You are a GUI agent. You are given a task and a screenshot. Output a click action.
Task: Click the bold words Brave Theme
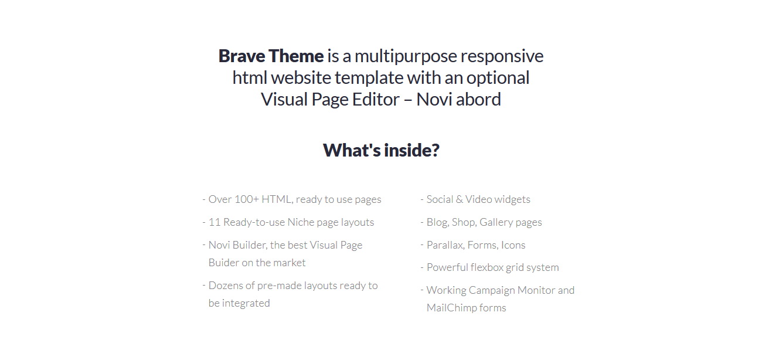click(x=271, y=56)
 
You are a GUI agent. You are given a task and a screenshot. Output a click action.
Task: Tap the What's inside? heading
click(x=381, y=150)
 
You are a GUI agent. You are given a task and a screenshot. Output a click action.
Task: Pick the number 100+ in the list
click(x=247, y=199)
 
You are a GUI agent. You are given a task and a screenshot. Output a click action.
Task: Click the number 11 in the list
click(x=215, y=222)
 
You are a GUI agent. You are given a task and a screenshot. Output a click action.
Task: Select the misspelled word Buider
click(x=223, y=263)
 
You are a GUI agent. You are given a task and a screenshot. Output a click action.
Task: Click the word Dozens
click(x=226, y=286)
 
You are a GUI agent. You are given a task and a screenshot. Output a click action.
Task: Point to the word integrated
click(x=246, y=303)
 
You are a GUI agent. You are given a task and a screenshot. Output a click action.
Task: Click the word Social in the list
click(x=440, y=199)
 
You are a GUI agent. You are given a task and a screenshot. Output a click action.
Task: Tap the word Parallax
click(x=445, y=245)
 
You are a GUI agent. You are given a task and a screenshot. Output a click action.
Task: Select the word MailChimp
click(x=451, y=308)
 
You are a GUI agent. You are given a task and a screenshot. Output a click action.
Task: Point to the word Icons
click(x=513, y=245)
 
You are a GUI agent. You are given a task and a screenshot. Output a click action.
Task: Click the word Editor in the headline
click(x=376, y=99)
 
